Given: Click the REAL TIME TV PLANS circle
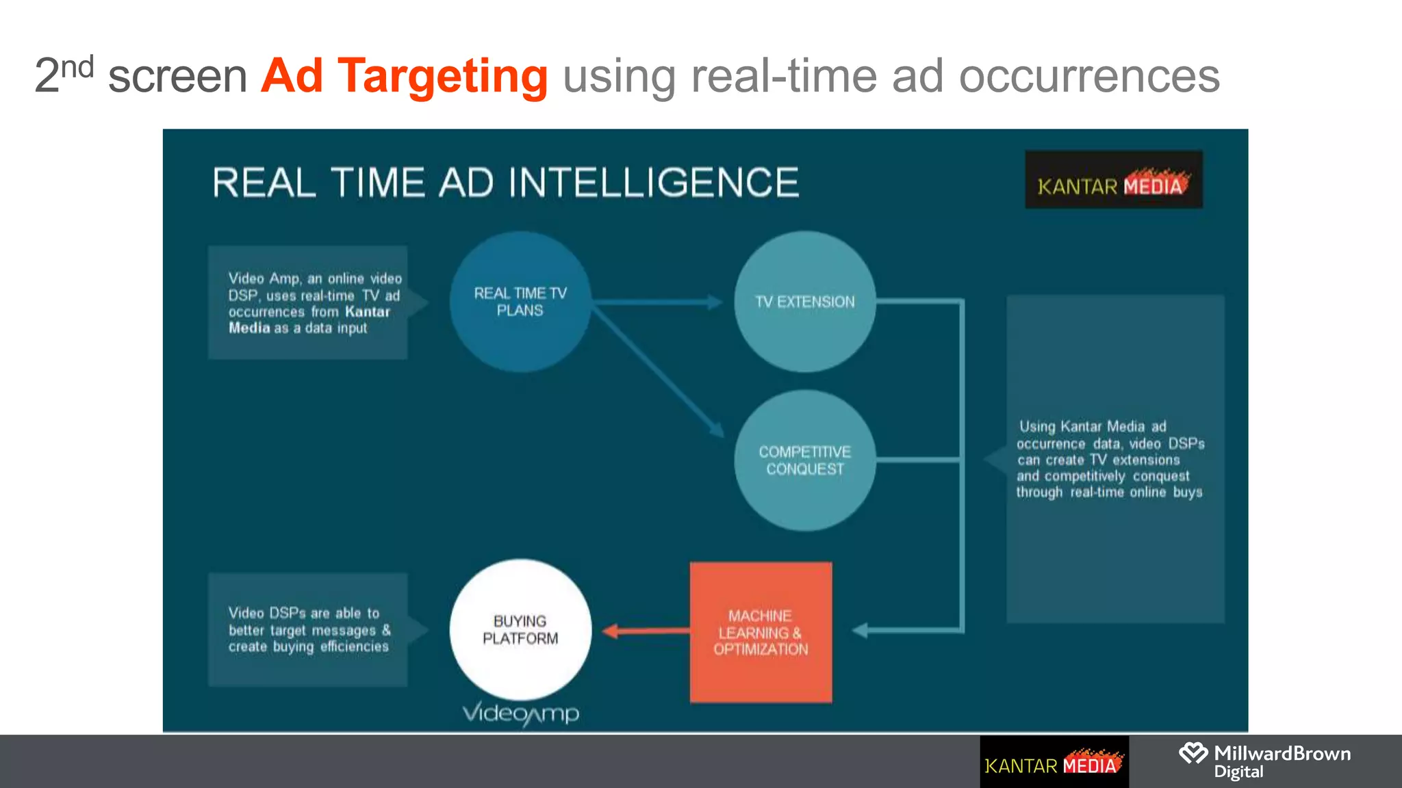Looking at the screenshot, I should (x=520, y=302).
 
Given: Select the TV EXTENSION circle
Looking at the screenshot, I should (x=804, y=302).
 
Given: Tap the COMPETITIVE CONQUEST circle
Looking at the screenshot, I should (x=804, y=460).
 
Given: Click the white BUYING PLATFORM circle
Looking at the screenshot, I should (x=520, y=630).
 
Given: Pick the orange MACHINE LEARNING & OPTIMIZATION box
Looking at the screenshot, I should (x=761, y=632).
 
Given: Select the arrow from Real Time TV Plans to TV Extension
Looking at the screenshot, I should (x=657, y=302).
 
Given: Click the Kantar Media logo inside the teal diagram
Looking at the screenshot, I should (x=1113, y=180).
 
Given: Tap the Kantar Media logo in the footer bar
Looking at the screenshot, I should (x=1054, y=762).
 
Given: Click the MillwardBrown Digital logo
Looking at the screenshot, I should (x=1264, y=761).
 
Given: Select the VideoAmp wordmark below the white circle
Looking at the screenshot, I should (x=521, y=713).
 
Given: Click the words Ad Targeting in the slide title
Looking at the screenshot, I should (x=404, y=75).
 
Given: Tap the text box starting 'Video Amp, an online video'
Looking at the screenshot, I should (x=308, y=303).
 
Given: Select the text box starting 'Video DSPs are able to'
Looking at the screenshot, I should (x=308, y=629).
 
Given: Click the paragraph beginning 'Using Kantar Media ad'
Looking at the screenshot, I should (x=1110, y=459).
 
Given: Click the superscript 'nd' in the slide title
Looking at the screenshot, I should (x=77, y=67).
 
